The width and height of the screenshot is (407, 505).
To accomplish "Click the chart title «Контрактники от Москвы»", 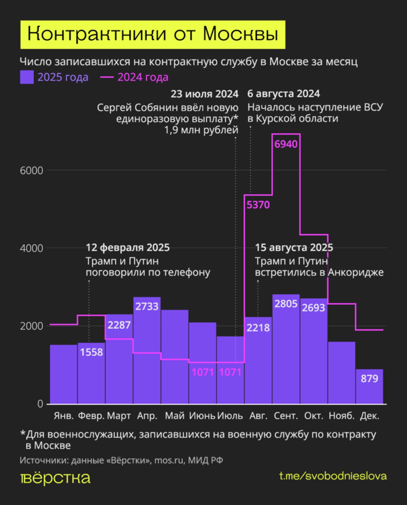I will pyautogui.click(x=153, y=35).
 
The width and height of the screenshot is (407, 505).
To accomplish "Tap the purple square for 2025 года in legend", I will pyautogui.click(x=27, y=77).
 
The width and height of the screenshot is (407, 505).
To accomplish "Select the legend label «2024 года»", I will pyautogui.click(x=143, y=77).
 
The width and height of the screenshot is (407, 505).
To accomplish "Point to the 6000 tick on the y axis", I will pyautogui.click(x=31, y=171).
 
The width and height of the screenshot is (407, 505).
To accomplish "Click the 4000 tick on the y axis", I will pyautogui.click(x=31, y=248).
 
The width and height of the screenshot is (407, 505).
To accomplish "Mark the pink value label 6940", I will pyautogui.click(x=286, y=144).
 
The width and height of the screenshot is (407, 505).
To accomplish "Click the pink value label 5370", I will pyautogui.click(x=258, y=205).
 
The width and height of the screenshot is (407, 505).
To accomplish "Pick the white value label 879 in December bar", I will pyautogui.click(x=369, y=379).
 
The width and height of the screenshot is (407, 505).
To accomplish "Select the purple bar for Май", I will pyautogui.click(x=175, y=357).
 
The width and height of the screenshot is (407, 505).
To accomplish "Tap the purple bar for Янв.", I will pyautogui.click(x=63, y=375).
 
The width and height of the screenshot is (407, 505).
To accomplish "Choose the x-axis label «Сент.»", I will pyautogui.click(x=286, y=416).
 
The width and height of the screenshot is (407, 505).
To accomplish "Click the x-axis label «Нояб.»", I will pyautogui.click(x=342, y=416).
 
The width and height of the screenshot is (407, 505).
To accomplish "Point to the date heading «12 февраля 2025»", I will pyautogui.click(x=128, y=248).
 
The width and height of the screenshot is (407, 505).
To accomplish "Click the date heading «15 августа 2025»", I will pyautogui.click(x=294, y=248).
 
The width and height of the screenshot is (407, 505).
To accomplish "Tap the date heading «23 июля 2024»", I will pyautogui.click(x=204, y=94).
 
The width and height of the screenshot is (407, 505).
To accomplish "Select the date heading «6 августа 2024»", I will pyautogui.click(x=283, y=94).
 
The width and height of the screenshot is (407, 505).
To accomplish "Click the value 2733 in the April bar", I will pyautogui.click(x=147, y=306).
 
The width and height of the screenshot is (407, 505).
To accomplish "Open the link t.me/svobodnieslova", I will pyautogui.click(x=333, y=476).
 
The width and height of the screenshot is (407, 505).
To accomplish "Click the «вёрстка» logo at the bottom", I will pyautogui.click(x=55, y=478).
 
